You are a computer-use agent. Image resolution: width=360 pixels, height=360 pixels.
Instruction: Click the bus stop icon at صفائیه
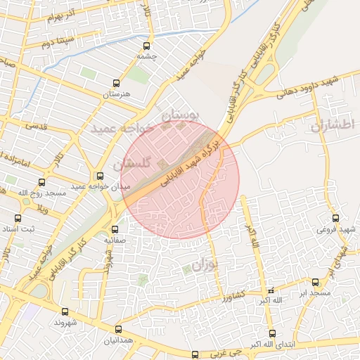115,229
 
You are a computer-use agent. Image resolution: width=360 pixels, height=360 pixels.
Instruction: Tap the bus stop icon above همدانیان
117,329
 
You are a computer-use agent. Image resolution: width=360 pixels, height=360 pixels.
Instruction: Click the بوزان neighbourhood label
201,265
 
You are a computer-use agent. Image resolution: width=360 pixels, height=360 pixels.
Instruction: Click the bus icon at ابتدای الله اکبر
272,333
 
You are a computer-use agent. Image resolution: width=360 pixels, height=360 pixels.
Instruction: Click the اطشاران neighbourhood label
333,124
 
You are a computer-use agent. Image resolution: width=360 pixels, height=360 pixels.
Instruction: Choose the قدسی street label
35,126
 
